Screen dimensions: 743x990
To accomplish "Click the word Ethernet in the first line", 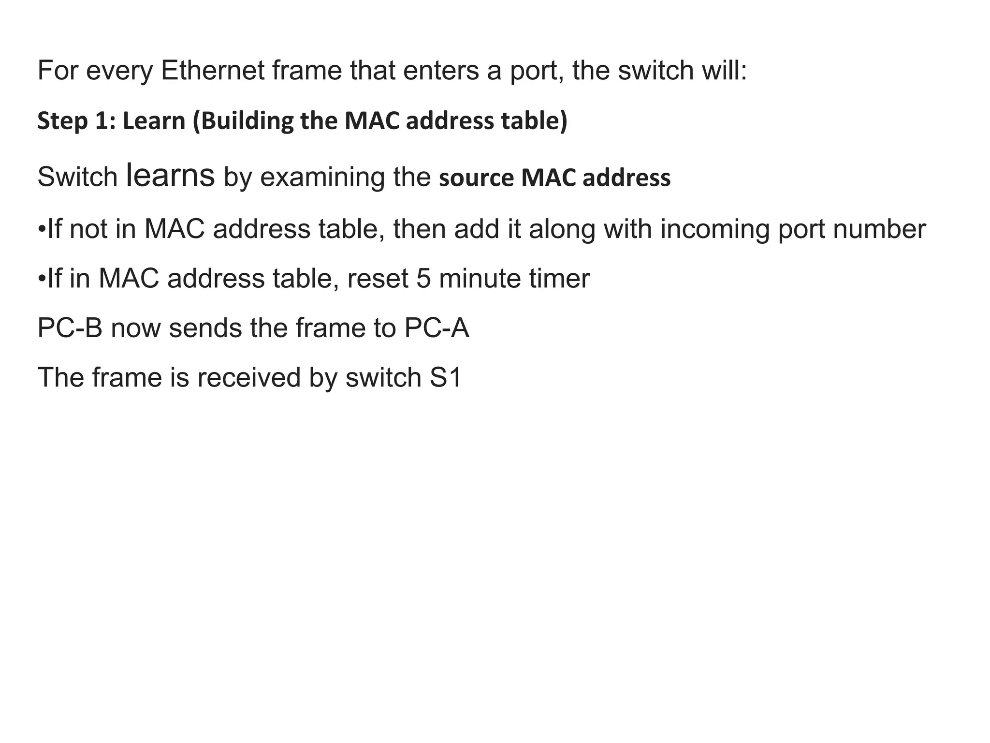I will (212, 71).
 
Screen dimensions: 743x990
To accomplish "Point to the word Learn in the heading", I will (154, 121).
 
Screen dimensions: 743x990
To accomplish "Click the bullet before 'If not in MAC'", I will (42, 229).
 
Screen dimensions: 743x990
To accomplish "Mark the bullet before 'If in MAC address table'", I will (42, 279).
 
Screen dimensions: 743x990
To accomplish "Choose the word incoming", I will (714, 229).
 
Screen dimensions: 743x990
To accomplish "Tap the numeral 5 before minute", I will (423, 279).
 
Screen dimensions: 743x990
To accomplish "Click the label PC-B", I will (70, 328).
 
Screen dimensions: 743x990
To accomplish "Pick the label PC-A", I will (437, 328).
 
